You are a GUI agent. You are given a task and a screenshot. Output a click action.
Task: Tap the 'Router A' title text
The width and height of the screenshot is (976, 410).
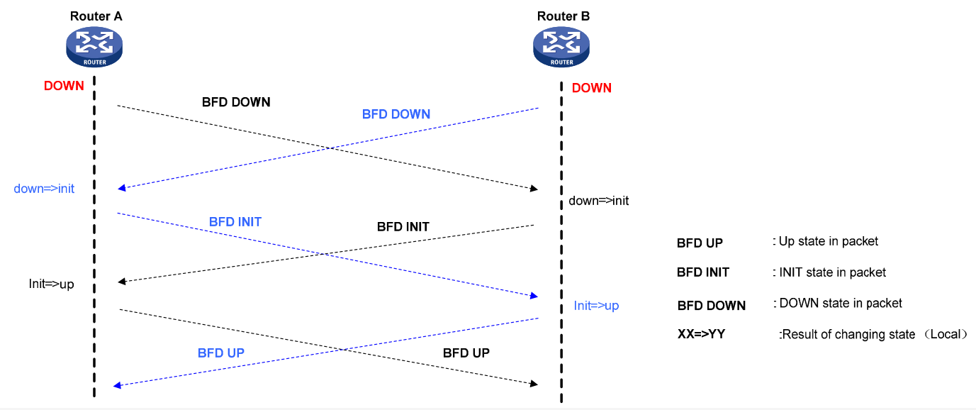coord(96,16)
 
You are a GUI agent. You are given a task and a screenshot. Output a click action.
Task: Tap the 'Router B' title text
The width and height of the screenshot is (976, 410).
coord(563,16)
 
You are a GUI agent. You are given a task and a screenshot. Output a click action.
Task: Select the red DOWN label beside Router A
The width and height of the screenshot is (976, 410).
coord(64,86)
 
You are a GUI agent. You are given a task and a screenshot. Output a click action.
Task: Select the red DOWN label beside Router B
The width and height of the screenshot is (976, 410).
coord(591,88)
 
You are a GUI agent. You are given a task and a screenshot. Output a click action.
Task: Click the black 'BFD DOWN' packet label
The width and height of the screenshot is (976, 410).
coord(236,102)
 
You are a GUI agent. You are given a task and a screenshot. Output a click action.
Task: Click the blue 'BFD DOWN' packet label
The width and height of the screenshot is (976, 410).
coord(396,113)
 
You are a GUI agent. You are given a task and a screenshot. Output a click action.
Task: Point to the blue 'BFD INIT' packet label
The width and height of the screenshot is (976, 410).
coord(235,222)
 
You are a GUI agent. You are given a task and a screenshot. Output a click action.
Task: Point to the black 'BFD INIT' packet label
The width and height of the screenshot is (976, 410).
coord(403,227)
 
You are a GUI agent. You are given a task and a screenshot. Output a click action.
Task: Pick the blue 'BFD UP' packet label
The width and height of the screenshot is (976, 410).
coord(221,352)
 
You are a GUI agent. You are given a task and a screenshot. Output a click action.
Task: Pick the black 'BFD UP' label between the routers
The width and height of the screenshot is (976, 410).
coord(466,353)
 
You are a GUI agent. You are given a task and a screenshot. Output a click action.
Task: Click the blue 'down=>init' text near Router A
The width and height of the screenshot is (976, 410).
coord(44,189)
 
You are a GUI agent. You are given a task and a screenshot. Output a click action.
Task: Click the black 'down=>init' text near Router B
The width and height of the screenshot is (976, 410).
coord(598,201)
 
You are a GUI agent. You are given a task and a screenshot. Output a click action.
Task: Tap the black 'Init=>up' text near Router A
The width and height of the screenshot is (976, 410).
coord(51,284)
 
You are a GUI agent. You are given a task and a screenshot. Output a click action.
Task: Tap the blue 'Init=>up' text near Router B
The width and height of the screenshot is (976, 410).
coord(596,306)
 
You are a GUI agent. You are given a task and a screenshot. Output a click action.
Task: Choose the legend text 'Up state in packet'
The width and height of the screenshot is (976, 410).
coord(828,241)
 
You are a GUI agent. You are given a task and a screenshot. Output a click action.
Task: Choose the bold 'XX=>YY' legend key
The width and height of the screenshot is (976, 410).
coord(701,333)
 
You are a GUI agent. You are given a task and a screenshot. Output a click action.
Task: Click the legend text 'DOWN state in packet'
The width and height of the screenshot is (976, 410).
coord(840,303)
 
